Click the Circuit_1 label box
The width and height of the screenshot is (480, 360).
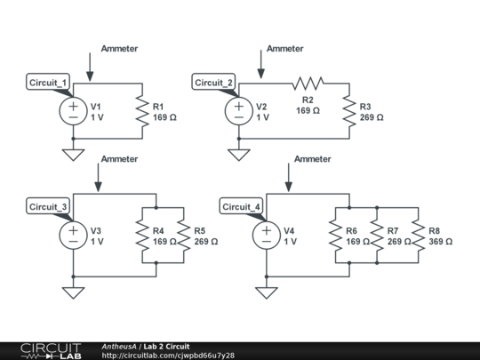coord(48,82)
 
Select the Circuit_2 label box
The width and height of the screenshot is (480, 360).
coord(213,82)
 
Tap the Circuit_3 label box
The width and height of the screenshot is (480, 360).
coord(48,206)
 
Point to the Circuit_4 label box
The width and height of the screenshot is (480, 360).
coord(241,206)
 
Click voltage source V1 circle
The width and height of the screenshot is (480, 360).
coord(73,111)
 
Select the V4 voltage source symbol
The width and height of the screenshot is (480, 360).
coord(267,235)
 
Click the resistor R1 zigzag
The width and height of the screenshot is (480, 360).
coord(142,111)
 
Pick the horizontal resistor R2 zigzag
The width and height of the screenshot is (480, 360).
coord(308,84)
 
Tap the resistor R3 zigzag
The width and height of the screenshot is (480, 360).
coord(349,111)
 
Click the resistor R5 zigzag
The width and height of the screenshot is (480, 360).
coord(184,235)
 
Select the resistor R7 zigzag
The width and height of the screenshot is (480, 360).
coord(377,235)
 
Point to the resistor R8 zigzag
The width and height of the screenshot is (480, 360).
coord(418,235)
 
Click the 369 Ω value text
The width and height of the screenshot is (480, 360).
coord(441,242)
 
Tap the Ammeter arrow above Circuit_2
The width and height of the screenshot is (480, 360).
coord(260,64)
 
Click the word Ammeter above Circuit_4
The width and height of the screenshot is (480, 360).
coord(313,159)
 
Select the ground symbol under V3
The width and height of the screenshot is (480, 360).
coord(73,292)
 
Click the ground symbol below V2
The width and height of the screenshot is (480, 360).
coord(239,155)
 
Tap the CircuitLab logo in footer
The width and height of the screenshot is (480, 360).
coord(52,351)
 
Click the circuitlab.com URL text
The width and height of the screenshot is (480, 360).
coord(168,356)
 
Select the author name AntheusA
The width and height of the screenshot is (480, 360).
coord(119,347)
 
